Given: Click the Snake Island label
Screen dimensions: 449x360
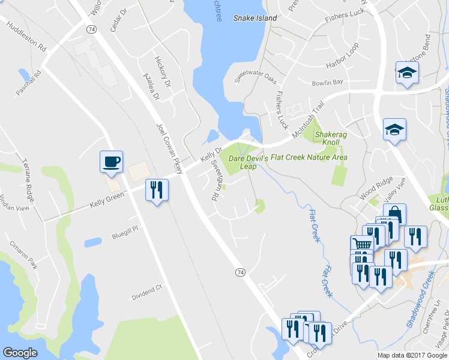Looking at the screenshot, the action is click(255, 18).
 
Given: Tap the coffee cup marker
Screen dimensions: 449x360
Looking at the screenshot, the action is click(111, 161).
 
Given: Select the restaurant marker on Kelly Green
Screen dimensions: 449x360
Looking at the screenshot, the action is click(157, 190).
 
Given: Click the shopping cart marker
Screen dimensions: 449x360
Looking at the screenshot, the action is click(361, 244).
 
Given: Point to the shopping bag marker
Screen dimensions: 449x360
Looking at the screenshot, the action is click(395, 212).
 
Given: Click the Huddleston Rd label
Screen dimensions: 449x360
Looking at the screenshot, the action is click(26, 37).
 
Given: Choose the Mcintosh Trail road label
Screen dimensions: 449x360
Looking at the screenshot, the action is click(307, 115).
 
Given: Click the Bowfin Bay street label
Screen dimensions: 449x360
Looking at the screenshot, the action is click(327, 82).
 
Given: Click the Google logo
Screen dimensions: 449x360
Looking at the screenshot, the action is click(20, 352).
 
